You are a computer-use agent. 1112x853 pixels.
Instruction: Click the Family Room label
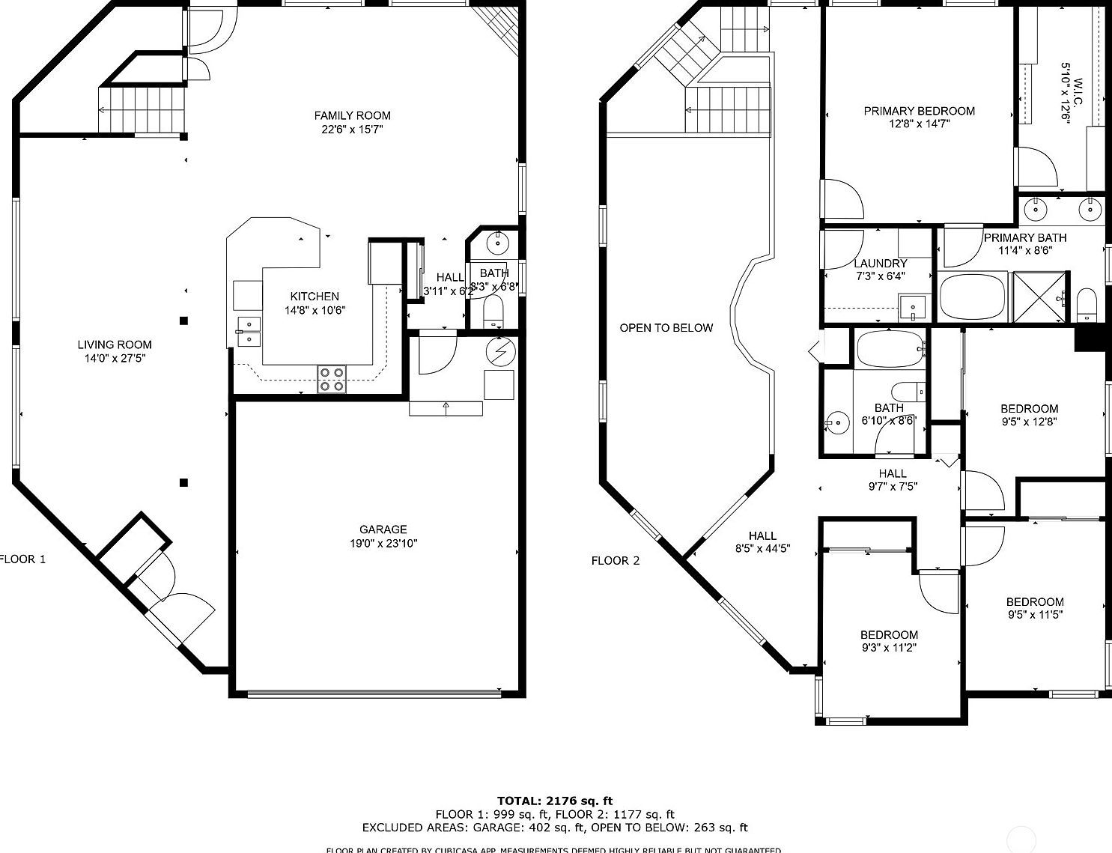pos(352,115)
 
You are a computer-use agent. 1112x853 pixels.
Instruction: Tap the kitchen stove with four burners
pos(332,379)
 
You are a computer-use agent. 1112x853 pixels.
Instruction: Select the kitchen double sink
pos(248,331)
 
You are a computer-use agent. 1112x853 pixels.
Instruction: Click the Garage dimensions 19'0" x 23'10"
pos(383,544)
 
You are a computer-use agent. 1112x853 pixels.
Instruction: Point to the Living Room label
pos(115,344)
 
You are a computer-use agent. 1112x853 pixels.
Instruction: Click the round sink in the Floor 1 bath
pos(497,243)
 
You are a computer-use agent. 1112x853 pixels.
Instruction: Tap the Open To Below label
pos(666,328)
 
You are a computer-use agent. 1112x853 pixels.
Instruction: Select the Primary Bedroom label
pos(919,111)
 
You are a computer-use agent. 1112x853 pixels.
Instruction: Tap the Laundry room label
pos(880,264)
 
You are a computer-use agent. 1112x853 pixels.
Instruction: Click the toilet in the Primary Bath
pos(1086,304)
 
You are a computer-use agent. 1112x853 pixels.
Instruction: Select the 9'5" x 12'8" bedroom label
pos(1029,409)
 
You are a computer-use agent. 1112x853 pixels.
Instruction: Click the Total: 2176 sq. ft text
pos(555,801)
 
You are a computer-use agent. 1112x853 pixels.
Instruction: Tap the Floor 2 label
pos(616,560)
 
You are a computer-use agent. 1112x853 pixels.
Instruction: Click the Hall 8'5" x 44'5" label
pos(762,535)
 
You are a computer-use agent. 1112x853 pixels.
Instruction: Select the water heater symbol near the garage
pos(499,350)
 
